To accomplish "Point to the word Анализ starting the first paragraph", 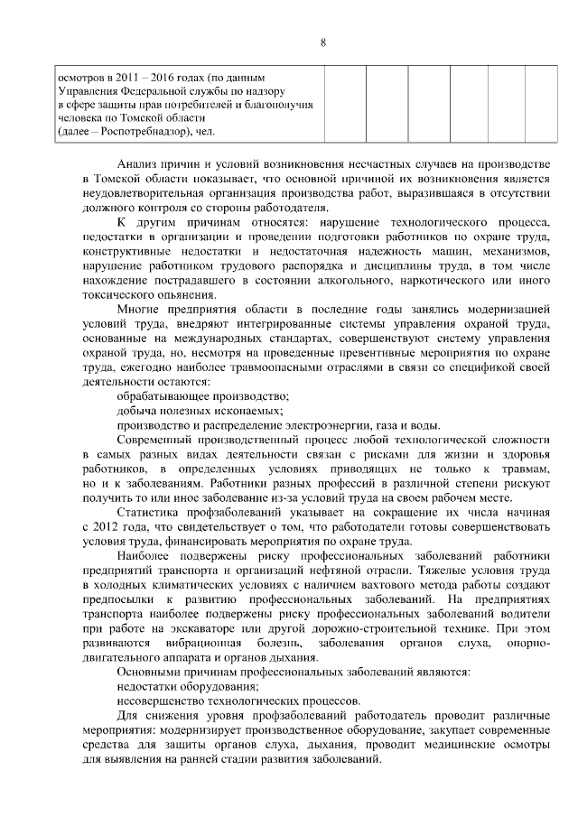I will tap(138, 163).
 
